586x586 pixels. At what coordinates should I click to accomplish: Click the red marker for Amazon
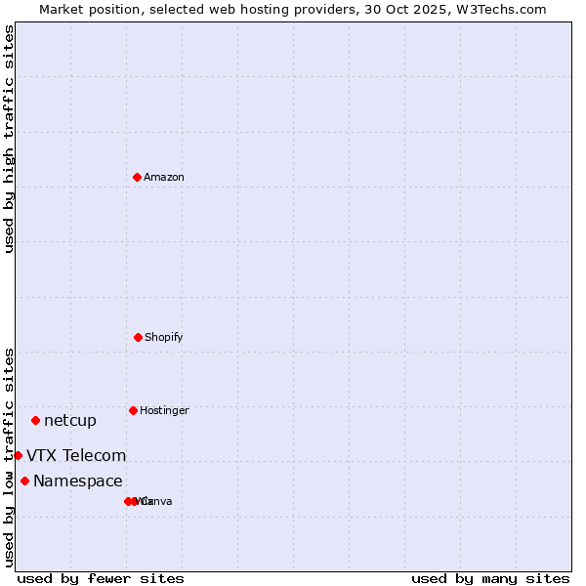click(x=137, y=177)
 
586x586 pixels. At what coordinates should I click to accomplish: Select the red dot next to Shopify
click(x=138, y=337)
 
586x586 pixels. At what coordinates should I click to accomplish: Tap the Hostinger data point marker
click(x=133, y=410)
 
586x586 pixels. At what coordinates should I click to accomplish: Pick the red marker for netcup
click(x=35, y=420)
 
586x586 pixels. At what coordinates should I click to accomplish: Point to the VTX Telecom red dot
click(x=18, y=455)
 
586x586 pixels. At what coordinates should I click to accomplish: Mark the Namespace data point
click(x=24, y=481)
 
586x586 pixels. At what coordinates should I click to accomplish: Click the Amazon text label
click(x=164, y=177)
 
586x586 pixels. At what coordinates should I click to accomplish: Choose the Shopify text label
click(x=164, y=337)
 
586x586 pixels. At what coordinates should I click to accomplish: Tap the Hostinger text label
click(x=164, y=410)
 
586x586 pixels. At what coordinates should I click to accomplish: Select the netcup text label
click(x=70, y=421)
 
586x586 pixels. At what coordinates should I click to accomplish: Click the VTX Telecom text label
click(x=76, y=456)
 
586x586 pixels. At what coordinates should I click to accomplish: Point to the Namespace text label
click(x=78, y=481)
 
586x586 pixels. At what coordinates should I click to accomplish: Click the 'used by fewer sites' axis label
click(x=101, y=579)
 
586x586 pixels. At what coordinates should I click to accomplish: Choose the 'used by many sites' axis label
click(x=490, y=579)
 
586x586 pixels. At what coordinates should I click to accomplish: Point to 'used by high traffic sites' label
click(x=10, y=138)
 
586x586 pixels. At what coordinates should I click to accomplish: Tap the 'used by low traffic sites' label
click(x=10, y=456)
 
